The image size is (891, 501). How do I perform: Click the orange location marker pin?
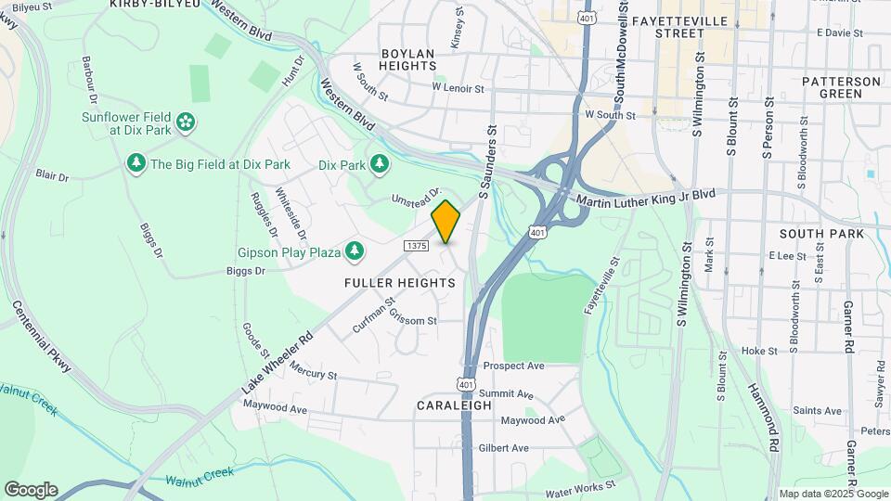[x=446, y=222]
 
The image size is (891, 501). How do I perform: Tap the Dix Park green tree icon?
[x=379, y=164]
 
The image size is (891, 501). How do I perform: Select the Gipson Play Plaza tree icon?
[x=354, y=250]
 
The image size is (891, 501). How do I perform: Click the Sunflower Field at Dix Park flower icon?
[x=187, y=122]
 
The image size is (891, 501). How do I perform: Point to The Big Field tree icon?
[x=136, y=164]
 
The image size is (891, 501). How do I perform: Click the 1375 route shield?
[x=417, y=246]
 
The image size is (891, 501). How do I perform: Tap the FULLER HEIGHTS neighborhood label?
[x=399, y=282]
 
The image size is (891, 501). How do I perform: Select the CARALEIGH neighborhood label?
[x=454, y=406]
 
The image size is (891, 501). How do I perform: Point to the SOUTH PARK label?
[x=821, y=234]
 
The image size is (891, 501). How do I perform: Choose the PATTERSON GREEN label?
[x=842, y=87]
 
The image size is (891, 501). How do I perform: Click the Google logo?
[x=30, y=489]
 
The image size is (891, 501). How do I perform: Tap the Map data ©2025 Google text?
[x=833, y=494]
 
